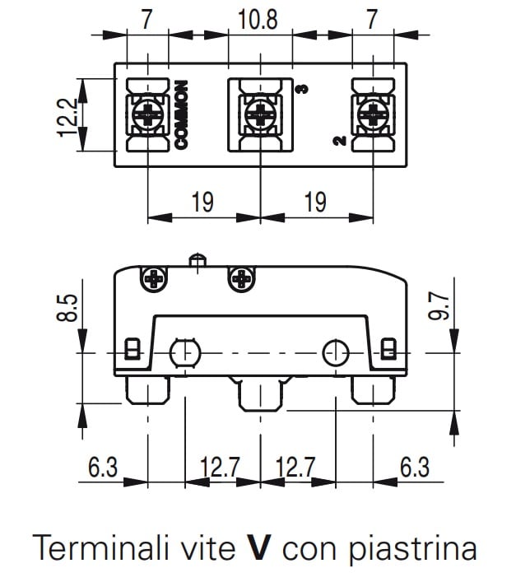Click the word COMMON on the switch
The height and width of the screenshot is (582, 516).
point(182,115)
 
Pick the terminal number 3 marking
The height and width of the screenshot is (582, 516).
point(302,90)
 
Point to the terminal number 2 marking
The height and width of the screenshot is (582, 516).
point(338,141)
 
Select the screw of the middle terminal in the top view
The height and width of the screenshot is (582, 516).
point(260,114)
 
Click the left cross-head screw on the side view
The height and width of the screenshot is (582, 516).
point(155,280)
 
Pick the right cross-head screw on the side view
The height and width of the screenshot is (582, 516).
point(243,280)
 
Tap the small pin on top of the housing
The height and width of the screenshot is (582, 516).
point(197,261)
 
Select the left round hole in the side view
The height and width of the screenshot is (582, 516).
point(184,353)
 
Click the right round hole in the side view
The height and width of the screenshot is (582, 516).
point(335,353)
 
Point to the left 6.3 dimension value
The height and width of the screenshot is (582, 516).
point(103,468)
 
